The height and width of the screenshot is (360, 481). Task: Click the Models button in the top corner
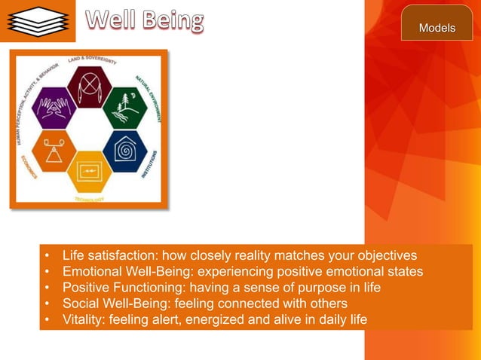pos(437,28)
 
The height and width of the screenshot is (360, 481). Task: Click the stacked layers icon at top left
pos(38,21)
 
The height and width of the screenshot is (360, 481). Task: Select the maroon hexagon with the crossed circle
pos(89,86)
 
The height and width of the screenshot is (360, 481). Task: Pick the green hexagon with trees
pos(124,108)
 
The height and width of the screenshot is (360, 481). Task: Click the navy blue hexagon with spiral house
pos(124,151)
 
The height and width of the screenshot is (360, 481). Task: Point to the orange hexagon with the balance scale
pos(54,151)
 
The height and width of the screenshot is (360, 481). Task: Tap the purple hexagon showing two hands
pos(54,108)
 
